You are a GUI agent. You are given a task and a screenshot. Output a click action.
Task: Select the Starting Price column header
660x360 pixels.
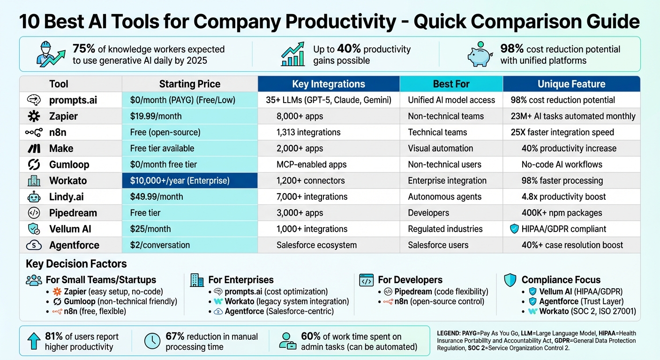click(189, 84)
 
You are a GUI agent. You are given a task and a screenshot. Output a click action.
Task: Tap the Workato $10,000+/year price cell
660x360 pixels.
click(189, 180)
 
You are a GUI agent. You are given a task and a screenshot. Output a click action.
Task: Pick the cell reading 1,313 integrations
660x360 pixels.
click(308, 132)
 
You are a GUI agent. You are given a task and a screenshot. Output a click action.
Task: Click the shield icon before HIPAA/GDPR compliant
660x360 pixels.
click(514, 229)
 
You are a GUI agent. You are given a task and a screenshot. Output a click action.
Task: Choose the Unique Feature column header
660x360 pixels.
click(571, 84)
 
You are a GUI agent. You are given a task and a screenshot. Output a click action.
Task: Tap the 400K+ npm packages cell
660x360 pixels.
click(562, 213)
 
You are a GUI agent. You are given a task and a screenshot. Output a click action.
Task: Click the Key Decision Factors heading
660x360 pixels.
click(76, 264)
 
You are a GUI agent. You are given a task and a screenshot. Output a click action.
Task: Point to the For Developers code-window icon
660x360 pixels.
click(366, 280)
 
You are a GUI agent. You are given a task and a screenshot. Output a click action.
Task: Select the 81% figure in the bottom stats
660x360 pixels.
click(53, 337)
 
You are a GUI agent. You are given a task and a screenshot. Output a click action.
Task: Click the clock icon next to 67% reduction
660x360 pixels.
click(152, 341)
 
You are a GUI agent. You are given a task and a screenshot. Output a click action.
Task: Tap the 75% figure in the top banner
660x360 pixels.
click(83, 49)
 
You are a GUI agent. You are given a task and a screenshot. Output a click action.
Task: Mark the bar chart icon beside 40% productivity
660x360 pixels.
click(293, 54)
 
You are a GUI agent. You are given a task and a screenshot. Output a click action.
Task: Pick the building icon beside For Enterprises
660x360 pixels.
click(197, 280)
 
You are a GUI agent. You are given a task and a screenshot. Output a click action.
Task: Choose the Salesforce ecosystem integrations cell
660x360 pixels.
click(316, 245)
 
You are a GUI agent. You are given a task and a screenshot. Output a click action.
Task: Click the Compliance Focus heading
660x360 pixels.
click(561, 280)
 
